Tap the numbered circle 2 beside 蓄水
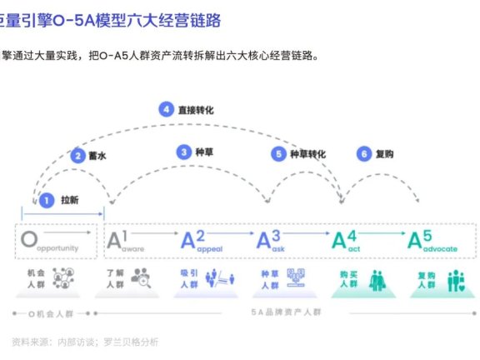[77, 155]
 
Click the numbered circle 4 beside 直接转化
[167, 109]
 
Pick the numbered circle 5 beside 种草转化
[279, 153]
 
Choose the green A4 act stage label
[350, 242]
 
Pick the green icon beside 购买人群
[377, 278]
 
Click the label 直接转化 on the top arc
[197, 109]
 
